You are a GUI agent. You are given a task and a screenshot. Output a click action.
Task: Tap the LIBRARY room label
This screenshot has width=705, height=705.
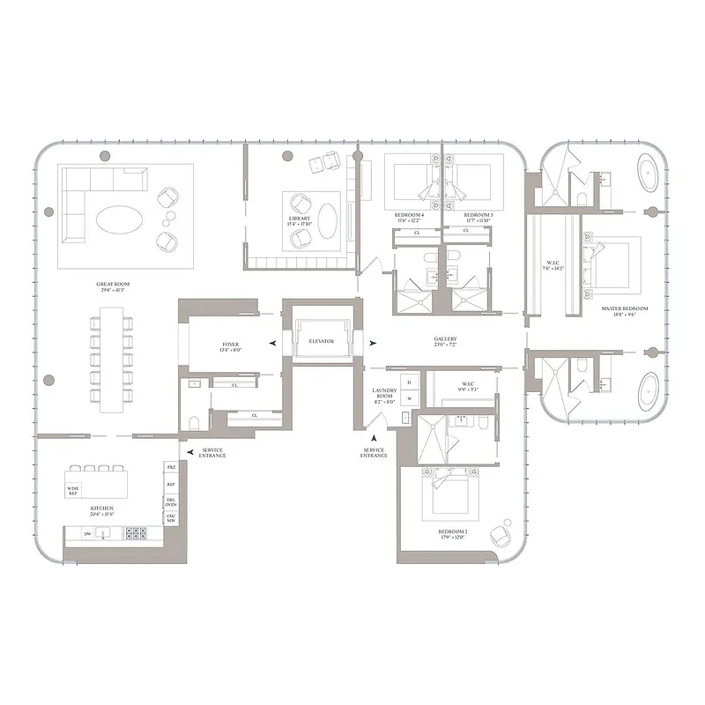tap(300, 218)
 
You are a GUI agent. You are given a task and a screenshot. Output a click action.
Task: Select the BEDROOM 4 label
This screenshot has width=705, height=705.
tap(410, 215)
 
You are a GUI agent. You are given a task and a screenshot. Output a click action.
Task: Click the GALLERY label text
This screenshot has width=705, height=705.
tap(445, 338)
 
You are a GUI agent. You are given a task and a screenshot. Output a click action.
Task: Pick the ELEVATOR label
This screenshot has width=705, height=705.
tap(321, 341)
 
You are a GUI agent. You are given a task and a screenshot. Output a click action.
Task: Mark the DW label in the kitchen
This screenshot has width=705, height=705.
tap(87, 533)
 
